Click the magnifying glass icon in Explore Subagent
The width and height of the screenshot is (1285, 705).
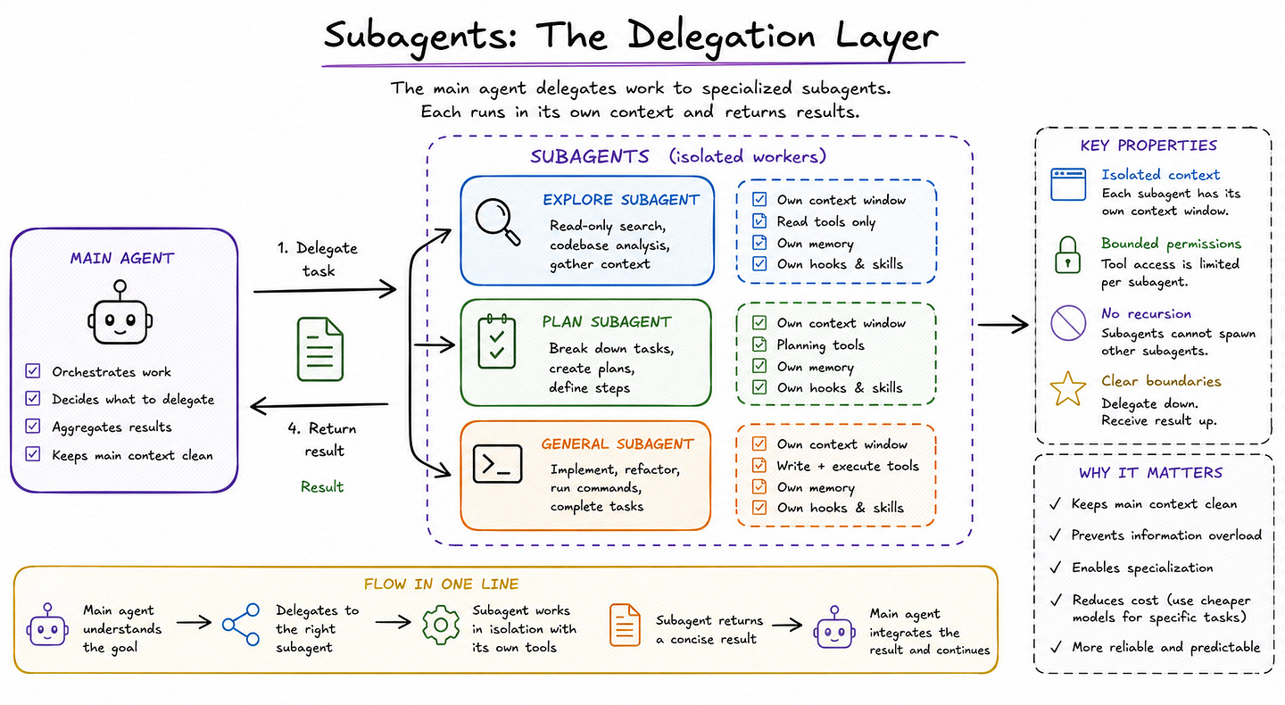[494, 220]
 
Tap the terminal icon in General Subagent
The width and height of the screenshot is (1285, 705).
[497, 463]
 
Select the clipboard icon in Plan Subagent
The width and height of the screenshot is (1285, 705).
[497, 341]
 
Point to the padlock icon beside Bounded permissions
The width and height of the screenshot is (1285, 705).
[1067, 254]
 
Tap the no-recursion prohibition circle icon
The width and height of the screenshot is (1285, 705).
[1067, 323]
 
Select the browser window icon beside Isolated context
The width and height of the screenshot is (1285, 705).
[1067, 184]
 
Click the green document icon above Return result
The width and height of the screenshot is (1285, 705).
[320, 349]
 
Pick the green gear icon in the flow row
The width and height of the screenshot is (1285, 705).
[441, 625]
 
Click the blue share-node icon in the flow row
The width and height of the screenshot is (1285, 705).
[241, 624]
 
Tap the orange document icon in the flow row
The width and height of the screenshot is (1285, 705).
[624, 625]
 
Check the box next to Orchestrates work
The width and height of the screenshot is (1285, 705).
[33, 370]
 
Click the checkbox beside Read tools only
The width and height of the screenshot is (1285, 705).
[759, 220]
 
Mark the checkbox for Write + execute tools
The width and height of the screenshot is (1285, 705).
[759, 465]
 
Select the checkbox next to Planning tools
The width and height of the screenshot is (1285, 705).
[759, 344]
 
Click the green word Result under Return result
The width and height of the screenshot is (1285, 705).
[322, 487]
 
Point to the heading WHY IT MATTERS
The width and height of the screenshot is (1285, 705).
[1150, 473]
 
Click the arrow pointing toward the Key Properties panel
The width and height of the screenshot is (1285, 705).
[1003, 325]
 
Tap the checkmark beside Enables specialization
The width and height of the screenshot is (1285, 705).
[1055, 568]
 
